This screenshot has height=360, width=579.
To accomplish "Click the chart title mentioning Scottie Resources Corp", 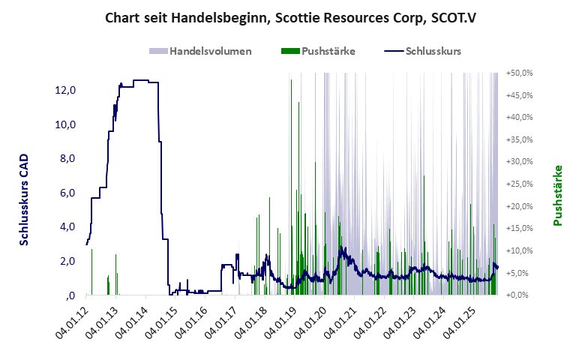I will click(289, 16).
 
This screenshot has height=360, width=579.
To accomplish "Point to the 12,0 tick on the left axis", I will click(64, 90).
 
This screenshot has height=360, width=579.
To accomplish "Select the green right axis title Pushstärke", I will click(558, 195).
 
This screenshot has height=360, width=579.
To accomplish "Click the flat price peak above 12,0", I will click(142, 80).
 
